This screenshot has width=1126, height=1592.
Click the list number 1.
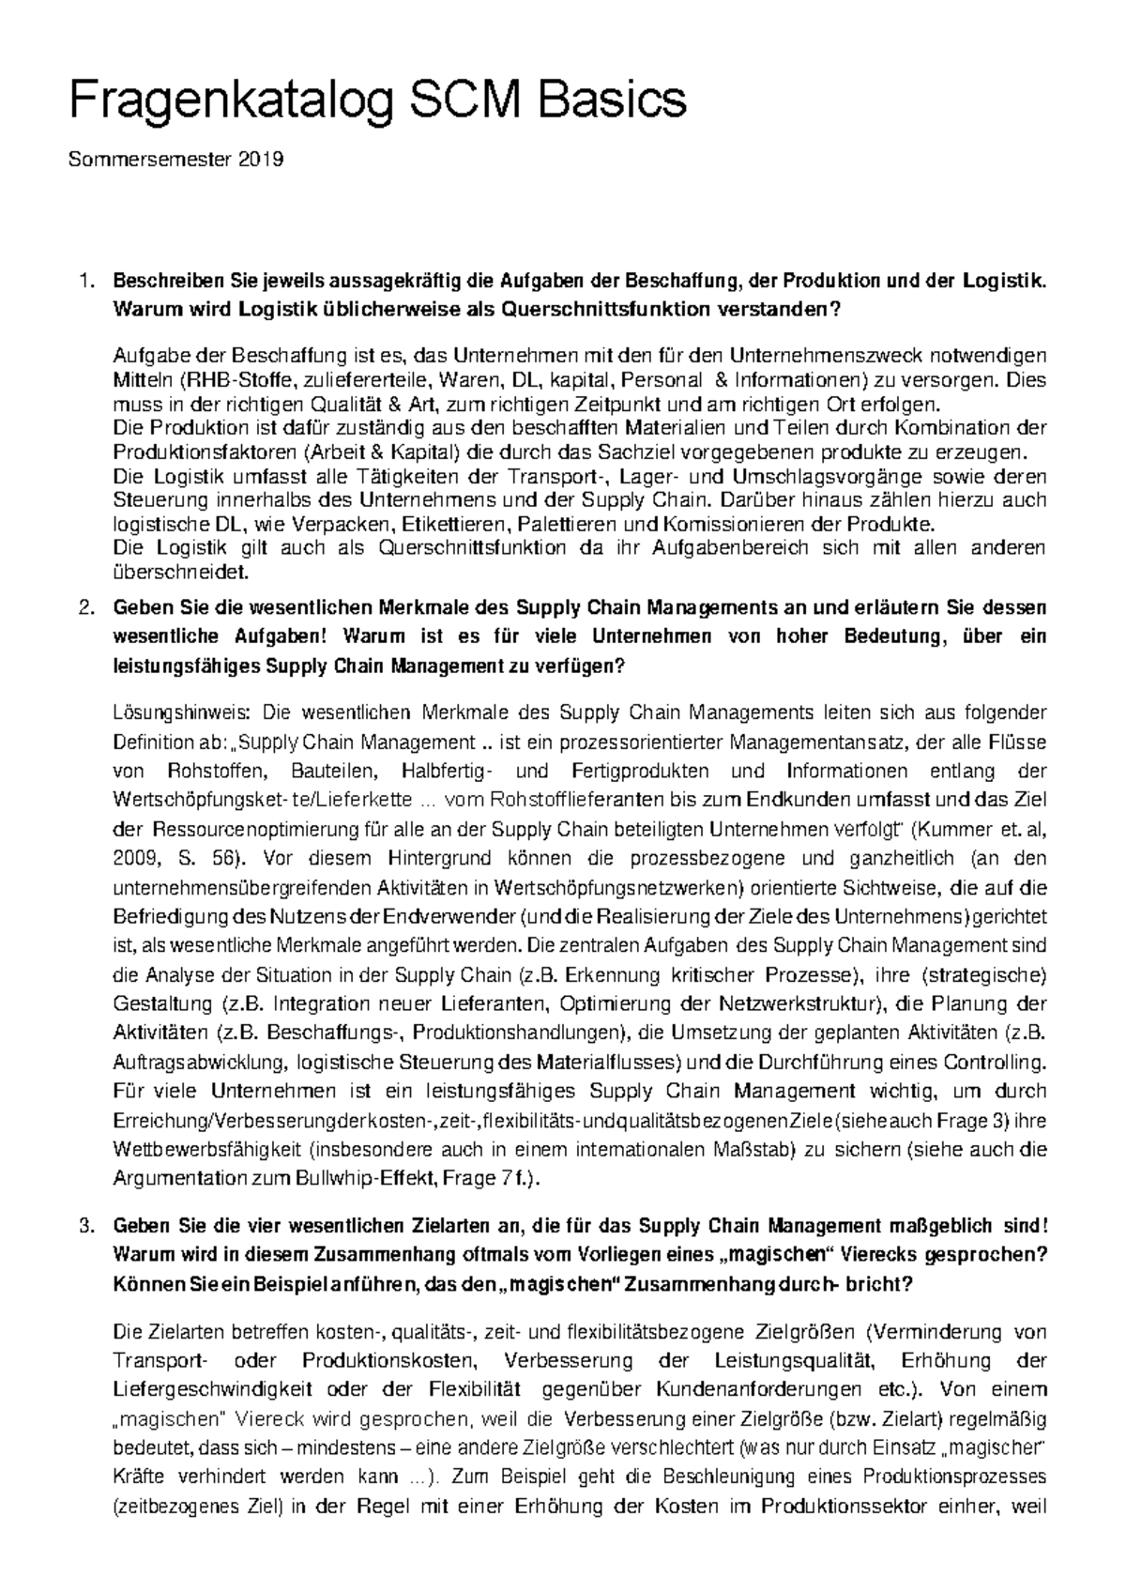click(85, 281)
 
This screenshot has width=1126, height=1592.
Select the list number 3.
click(85, 1226)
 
